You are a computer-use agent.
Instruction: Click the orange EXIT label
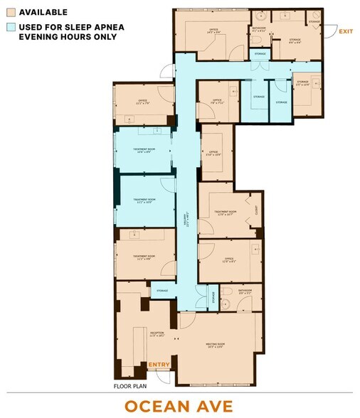tap(346, 31)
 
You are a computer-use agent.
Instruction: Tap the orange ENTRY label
tap(159, 365)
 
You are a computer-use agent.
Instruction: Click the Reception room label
tap(157, 333)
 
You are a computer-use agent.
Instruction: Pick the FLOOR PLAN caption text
tap(130, 387)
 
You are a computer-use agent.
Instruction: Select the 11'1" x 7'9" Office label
tap(142, 102)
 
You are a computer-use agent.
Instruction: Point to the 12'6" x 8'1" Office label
tap(229, 260)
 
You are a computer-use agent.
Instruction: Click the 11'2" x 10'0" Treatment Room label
tap(145, 202)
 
